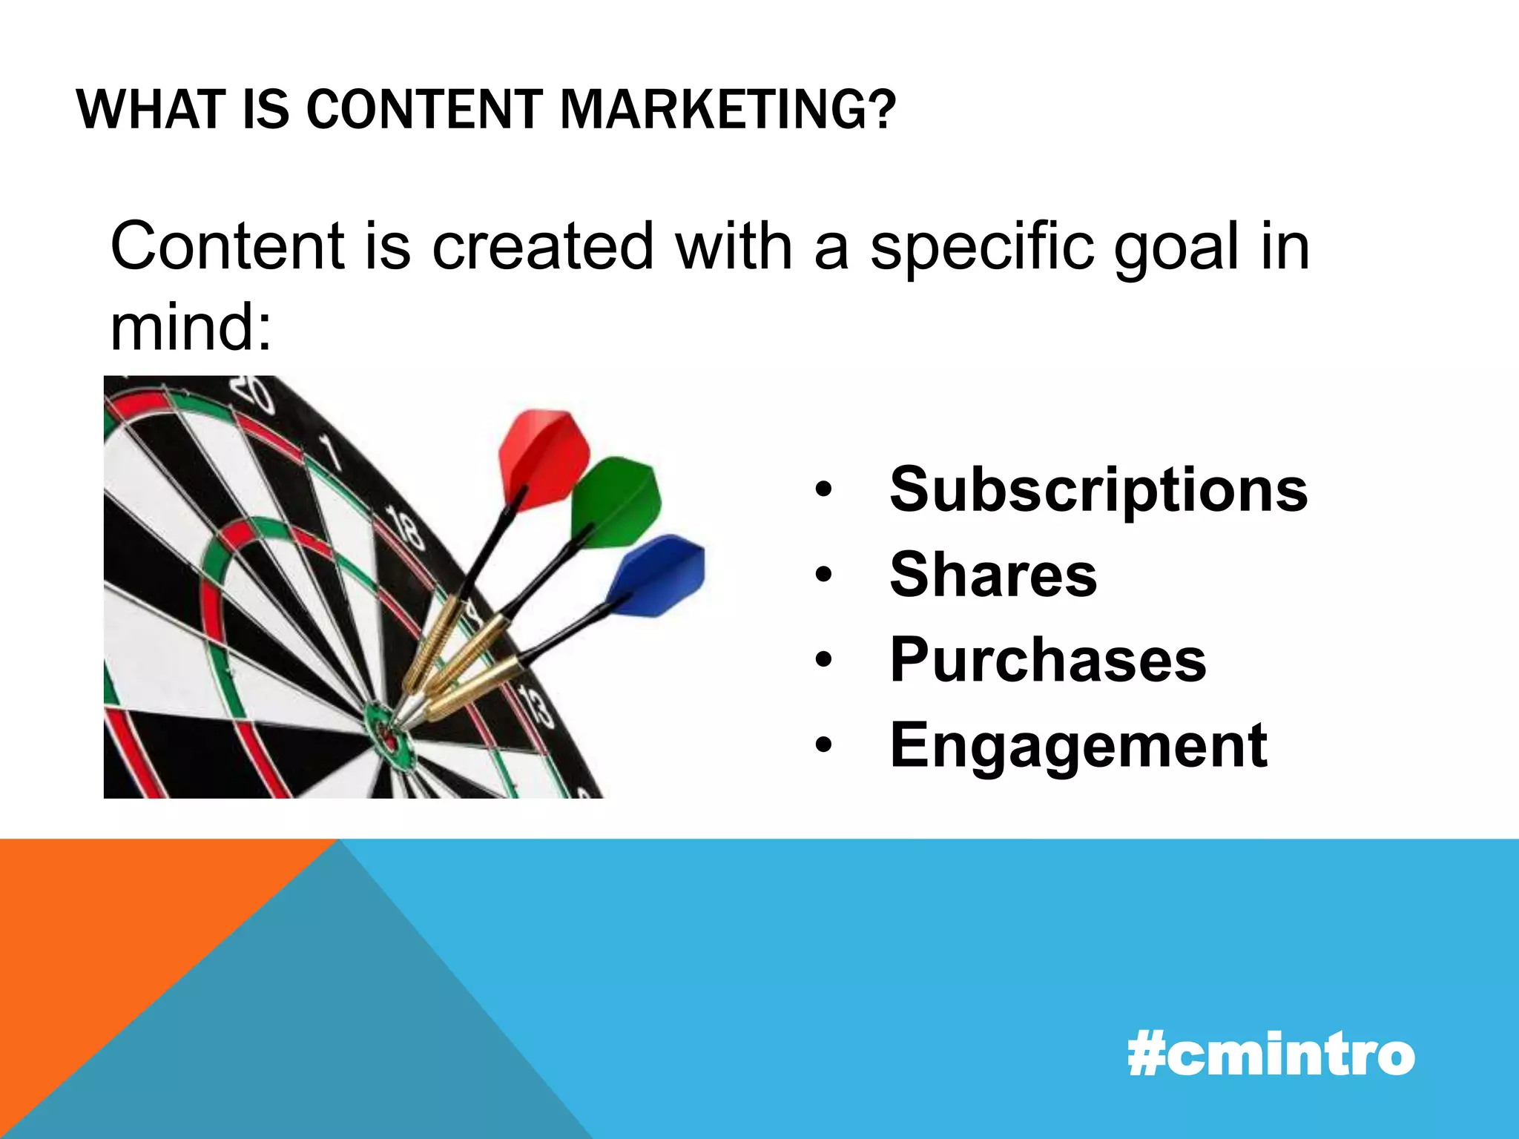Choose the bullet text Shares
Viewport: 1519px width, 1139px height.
click(x=993, y=575)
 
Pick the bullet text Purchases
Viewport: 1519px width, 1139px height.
click(x=1048, y=660)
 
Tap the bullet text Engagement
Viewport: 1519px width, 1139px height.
click(x=1078, y=746)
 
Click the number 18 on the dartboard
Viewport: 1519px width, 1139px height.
click(x=406, y=528)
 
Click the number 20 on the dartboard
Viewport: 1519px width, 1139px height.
click(x=252, y=393)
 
